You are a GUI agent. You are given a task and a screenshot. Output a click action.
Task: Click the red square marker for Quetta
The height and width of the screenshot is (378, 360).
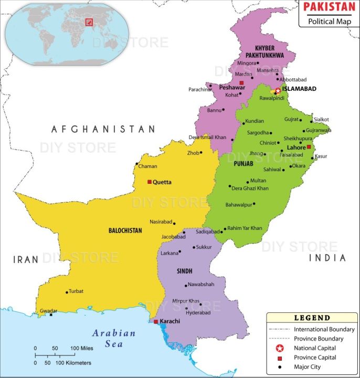pyautogui.click(x=150, y=182)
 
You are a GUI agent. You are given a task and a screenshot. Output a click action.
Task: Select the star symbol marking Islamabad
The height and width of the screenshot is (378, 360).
pyautogui.click(x=278, y=91)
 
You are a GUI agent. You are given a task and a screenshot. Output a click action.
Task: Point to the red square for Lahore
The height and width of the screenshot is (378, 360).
pyautogui.click(x=309, y=147)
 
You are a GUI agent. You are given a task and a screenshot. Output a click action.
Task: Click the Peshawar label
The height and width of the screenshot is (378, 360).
pyautogui.click(x=232, y=87)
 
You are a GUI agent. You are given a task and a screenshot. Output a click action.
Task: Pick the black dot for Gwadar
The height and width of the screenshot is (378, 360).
pyautogui.click(x=51, y=314)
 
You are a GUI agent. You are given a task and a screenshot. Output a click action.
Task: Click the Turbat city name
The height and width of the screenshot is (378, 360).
pyautogui.click(x=76, y=291)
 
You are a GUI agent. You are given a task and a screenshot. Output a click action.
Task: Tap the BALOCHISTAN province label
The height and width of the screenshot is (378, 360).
pyautogui.click(x=125, y=230)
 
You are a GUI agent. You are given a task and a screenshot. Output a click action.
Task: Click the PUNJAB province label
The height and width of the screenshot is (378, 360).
pyautogui.click(x=243, y=164)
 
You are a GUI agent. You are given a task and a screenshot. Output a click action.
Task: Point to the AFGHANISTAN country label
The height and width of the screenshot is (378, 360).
pyautogui.click(x=103, y=129)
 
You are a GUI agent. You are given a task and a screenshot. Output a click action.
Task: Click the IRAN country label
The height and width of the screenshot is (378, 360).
pyautogui.click(x=26, y=259)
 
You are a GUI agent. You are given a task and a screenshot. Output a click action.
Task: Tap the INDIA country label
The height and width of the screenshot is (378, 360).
pyautogui.click(x=327, y=258)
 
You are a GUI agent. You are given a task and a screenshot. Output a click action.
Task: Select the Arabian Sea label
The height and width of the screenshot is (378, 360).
pyautogui.click(x=114, y=338)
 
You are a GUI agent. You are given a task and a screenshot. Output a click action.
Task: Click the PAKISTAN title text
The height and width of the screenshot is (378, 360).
pyautogui.click(x=329, y=7)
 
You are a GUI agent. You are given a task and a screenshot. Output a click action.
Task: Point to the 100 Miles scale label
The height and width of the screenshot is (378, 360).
pyautogui.click(x=82, y=348)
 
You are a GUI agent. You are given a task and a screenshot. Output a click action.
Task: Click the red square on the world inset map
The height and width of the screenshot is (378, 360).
pyautogui.click(x=89, y=22)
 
